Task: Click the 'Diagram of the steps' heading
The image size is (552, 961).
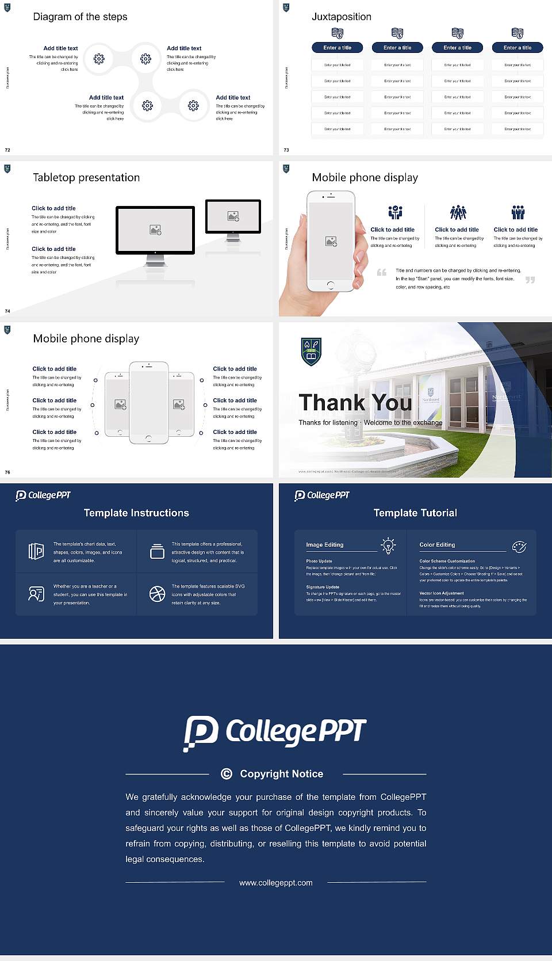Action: [x=80, y=17]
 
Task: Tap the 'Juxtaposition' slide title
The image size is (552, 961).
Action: [x=341, y=17]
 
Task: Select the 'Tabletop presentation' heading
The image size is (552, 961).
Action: [x=86, y=177]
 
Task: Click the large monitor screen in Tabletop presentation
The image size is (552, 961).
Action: [x=155, y=230]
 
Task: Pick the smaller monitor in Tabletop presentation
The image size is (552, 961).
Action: [x=233, y=216]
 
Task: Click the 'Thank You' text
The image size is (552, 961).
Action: [x=355, y=402]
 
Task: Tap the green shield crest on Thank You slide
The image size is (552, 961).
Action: [x=311, y=352]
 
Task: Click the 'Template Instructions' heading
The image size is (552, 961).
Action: [x=136, y=513]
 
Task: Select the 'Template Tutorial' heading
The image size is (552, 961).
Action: [x=415, y=513]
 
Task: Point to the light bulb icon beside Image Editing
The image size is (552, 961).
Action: [x=388, y=546]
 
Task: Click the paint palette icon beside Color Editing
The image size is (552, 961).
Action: [x=519, y=546]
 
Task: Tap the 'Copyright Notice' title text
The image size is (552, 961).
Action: [x=281, y=774]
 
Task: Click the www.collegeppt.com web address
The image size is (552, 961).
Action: [x=276, y=883]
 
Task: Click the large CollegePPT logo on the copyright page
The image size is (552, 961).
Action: [x=275, y=733]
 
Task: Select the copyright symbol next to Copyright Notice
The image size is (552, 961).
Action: [x=227, y=774]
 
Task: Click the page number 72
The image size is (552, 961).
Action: [x=7, y=150]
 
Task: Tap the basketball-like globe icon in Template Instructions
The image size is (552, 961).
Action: [x=157, y=594]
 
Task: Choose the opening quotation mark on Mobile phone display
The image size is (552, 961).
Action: [x=381, y=272]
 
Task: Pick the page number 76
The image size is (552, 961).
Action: [x=7, y=472]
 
